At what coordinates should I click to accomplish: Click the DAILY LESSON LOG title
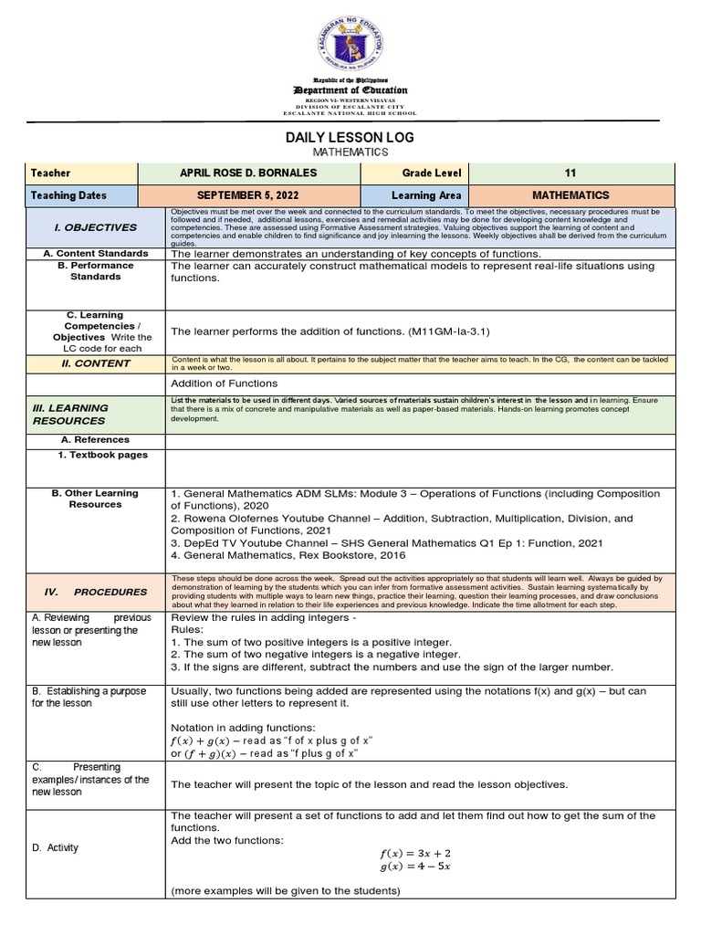click(350, 137)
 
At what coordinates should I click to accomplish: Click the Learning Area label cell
click(426, 195)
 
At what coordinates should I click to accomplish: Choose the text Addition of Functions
click(225, 383)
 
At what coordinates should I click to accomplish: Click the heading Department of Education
click(350, 90)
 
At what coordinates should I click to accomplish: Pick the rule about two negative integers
click(312, 654)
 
